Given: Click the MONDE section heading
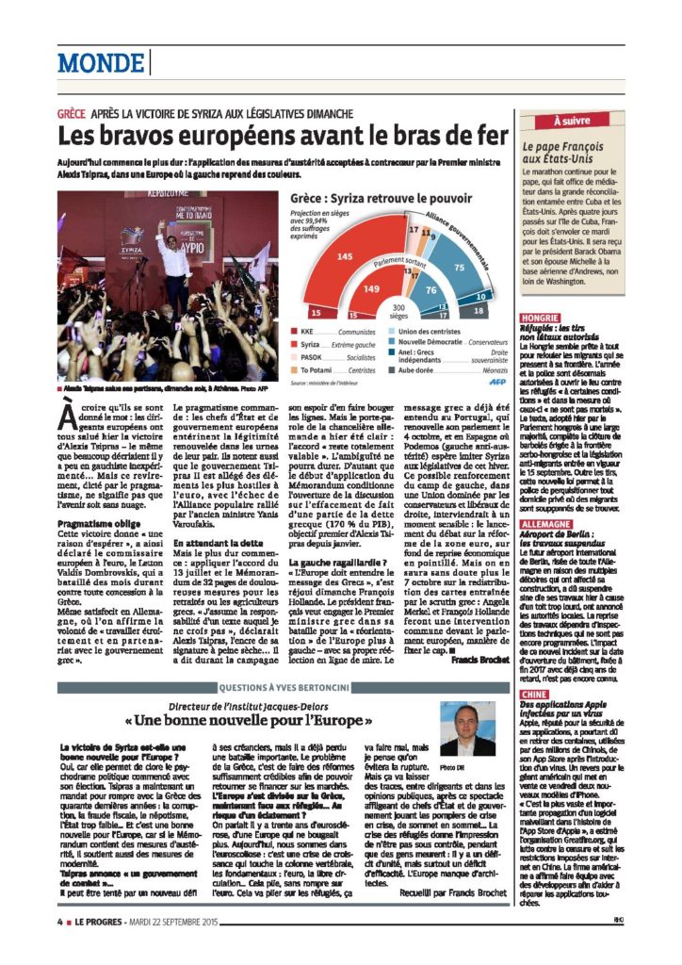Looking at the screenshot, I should (102, 63).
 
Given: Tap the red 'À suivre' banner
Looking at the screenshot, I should (572, 122).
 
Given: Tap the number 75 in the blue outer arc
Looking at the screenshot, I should (459, 268).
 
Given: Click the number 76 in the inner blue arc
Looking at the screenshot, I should (431, 290).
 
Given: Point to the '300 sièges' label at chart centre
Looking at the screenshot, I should (399, 312).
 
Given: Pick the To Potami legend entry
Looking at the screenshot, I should (318, 368).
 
